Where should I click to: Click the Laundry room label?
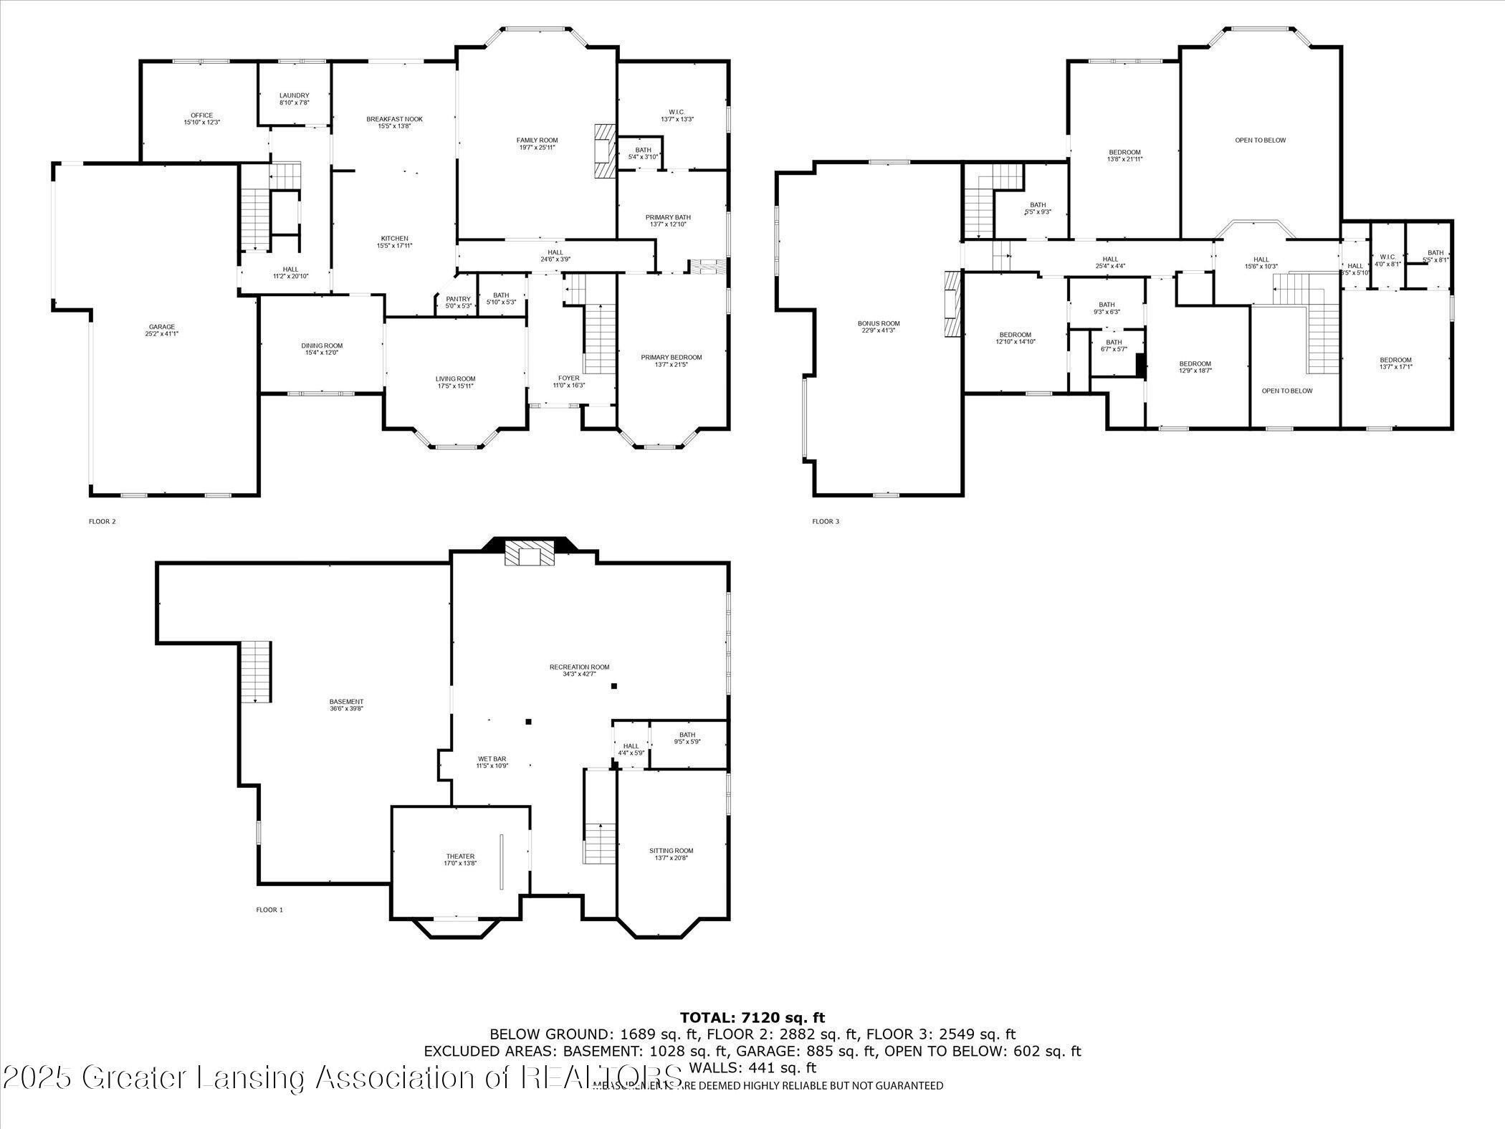[294, 95]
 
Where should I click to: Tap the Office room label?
[201, 115]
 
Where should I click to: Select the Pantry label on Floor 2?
[458, 299]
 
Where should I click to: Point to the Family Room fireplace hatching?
[604, 151]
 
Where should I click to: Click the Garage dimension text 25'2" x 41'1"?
[162, 333]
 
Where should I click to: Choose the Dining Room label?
[322, 346]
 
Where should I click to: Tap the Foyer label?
[568, 378]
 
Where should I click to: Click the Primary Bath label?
[668, 217]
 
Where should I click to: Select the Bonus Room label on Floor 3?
[879, 323]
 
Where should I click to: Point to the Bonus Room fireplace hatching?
[952, 304]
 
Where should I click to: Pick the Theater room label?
[460, 857]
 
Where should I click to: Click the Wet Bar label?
[492, 758]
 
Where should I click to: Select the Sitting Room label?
[672, 851]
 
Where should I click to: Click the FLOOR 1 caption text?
[269, 910]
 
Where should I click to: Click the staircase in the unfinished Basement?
[255, 672]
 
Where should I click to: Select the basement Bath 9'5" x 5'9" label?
[687, 735]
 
